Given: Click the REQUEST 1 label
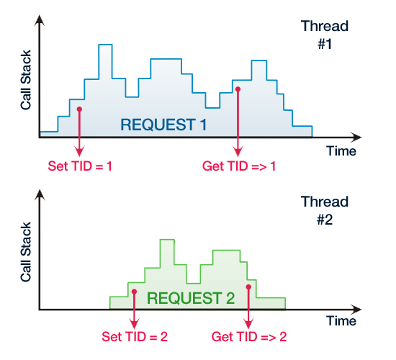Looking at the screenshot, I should [x=164, y=124].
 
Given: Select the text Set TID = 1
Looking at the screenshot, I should [x=80, y=166].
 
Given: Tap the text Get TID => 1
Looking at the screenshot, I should [x=240, y=166].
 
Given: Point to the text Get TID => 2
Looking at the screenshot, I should [x=250, y=336].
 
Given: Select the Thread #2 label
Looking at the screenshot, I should [x=323, y=208].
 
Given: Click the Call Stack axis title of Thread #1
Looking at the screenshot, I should [x=25, y=86].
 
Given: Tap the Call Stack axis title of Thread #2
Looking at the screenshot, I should [x=25, y=258].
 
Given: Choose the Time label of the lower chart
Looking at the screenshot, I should [x=341, y=320].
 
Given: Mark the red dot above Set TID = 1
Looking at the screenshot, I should [x=79, y=109].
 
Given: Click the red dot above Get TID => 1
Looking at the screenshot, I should [x=238, y=89].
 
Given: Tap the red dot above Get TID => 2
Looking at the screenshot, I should [x=249, y=287].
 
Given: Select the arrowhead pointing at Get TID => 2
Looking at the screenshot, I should [x=249, y=321].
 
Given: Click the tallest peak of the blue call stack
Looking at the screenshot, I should [x=106, y=45].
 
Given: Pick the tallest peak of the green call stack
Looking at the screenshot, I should [x=167, y=240].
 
